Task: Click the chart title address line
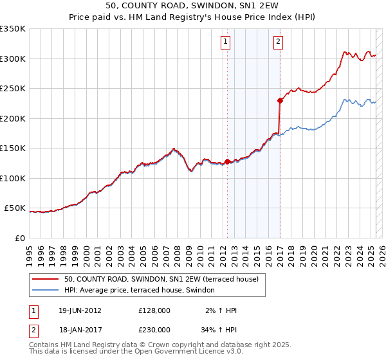(x=192, y=7)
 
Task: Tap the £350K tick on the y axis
(x=13, y=29)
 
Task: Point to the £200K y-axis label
(x=13, y=118)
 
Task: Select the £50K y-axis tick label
(x=15, y=208)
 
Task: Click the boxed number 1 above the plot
(x=226, y=42)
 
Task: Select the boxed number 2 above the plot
(x=278, y=42)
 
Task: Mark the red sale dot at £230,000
(x=280, y=100)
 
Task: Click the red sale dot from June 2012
(x=227, y=161)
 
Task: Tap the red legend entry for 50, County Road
(x=161, y=279)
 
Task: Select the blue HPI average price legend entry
(x=143, y=290)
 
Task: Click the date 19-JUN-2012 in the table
(x=80, y=310)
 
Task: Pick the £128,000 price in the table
(x=154, y=310)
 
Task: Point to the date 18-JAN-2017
(x=80, y=329)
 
